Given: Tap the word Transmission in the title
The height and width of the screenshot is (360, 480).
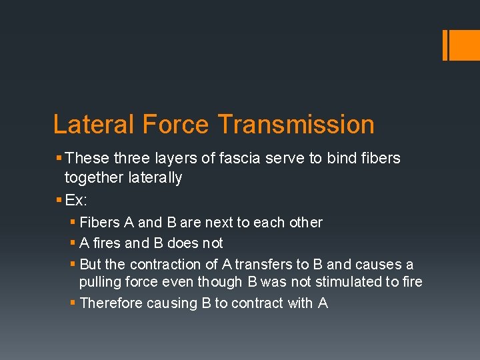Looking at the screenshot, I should point(295,125).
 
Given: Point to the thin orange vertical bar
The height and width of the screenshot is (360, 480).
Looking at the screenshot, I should point(445,45).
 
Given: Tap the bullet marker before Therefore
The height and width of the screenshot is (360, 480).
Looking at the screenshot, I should point(73,303).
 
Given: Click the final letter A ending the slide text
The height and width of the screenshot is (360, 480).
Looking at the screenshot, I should point(323,303).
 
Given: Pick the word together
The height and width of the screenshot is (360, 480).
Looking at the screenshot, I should point(93,177).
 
